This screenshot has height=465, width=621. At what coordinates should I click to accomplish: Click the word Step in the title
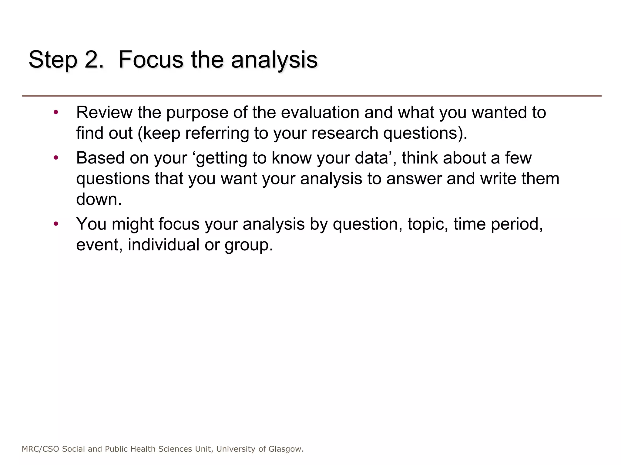[x=53, y=60]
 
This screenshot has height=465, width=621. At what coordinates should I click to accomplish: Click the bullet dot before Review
[x=55, y=113]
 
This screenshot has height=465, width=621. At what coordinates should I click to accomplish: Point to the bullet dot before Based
[x=55, y=158]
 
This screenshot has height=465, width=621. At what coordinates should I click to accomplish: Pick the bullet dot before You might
[x=55, y=224]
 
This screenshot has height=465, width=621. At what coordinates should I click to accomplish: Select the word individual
[x=163, y=245]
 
